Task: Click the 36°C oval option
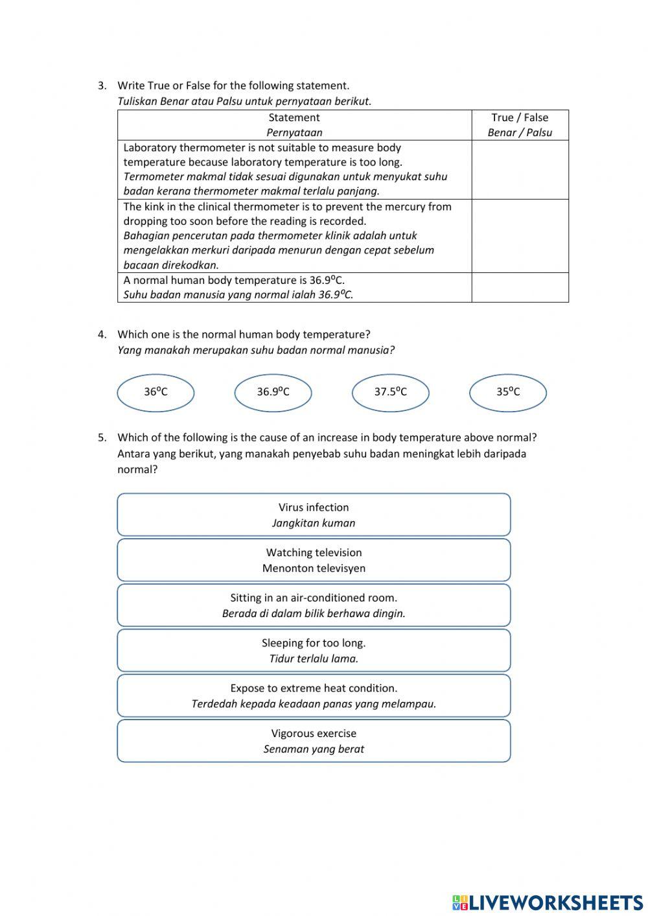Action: tap(156, 392)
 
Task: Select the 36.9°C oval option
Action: tap(273, 392)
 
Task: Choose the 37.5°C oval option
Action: tap(390, 392)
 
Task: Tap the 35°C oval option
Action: tap(508, 392)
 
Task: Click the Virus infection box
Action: tap(314, 515)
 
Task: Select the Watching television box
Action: tap(314, 560)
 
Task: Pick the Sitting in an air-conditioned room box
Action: tap(314, 605)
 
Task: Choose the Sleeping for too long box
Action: tap(314, 650)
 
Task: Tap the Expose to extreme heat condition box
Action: tap(314, 696)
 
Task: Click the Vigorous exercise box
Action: tap(314, 741)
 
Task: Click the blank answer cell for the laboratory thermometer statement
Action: tap(520, 170)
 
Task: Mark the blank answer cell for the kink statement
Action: tap(520, 236)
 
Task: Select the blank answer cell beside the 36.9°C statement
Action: tap(520, 287)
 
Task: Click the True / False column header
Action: tap(520, 118)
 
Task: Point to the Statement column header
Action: tap(294, 118)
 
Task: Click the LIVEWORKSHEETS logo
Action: tap(548, 902)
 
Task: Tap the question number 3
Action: tap(102, 86)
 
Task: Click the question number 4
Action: tap(102, 335)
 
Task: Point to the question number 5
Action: tap(102, 438)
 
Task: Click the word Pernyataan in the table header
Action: tap(294, 133)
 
